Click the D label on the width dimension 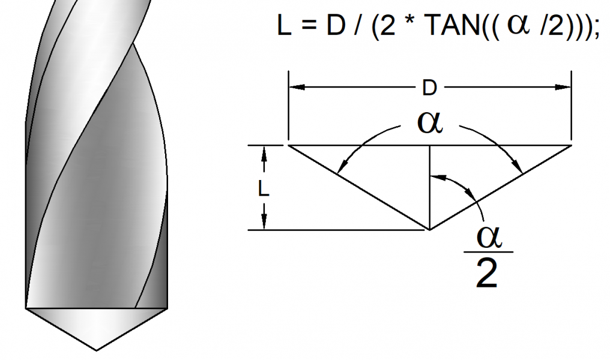pos(429,88)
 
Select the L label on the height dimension pos(263,188)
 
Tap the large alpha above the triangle pos(430,124)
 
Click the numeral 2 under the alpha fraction pos(485,275)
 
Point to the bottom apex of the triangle pos(429,229)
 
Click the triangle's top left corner pos(289,145)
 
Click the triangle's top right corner pos(570,145)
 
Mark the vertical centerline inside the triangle pos(429,186)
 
